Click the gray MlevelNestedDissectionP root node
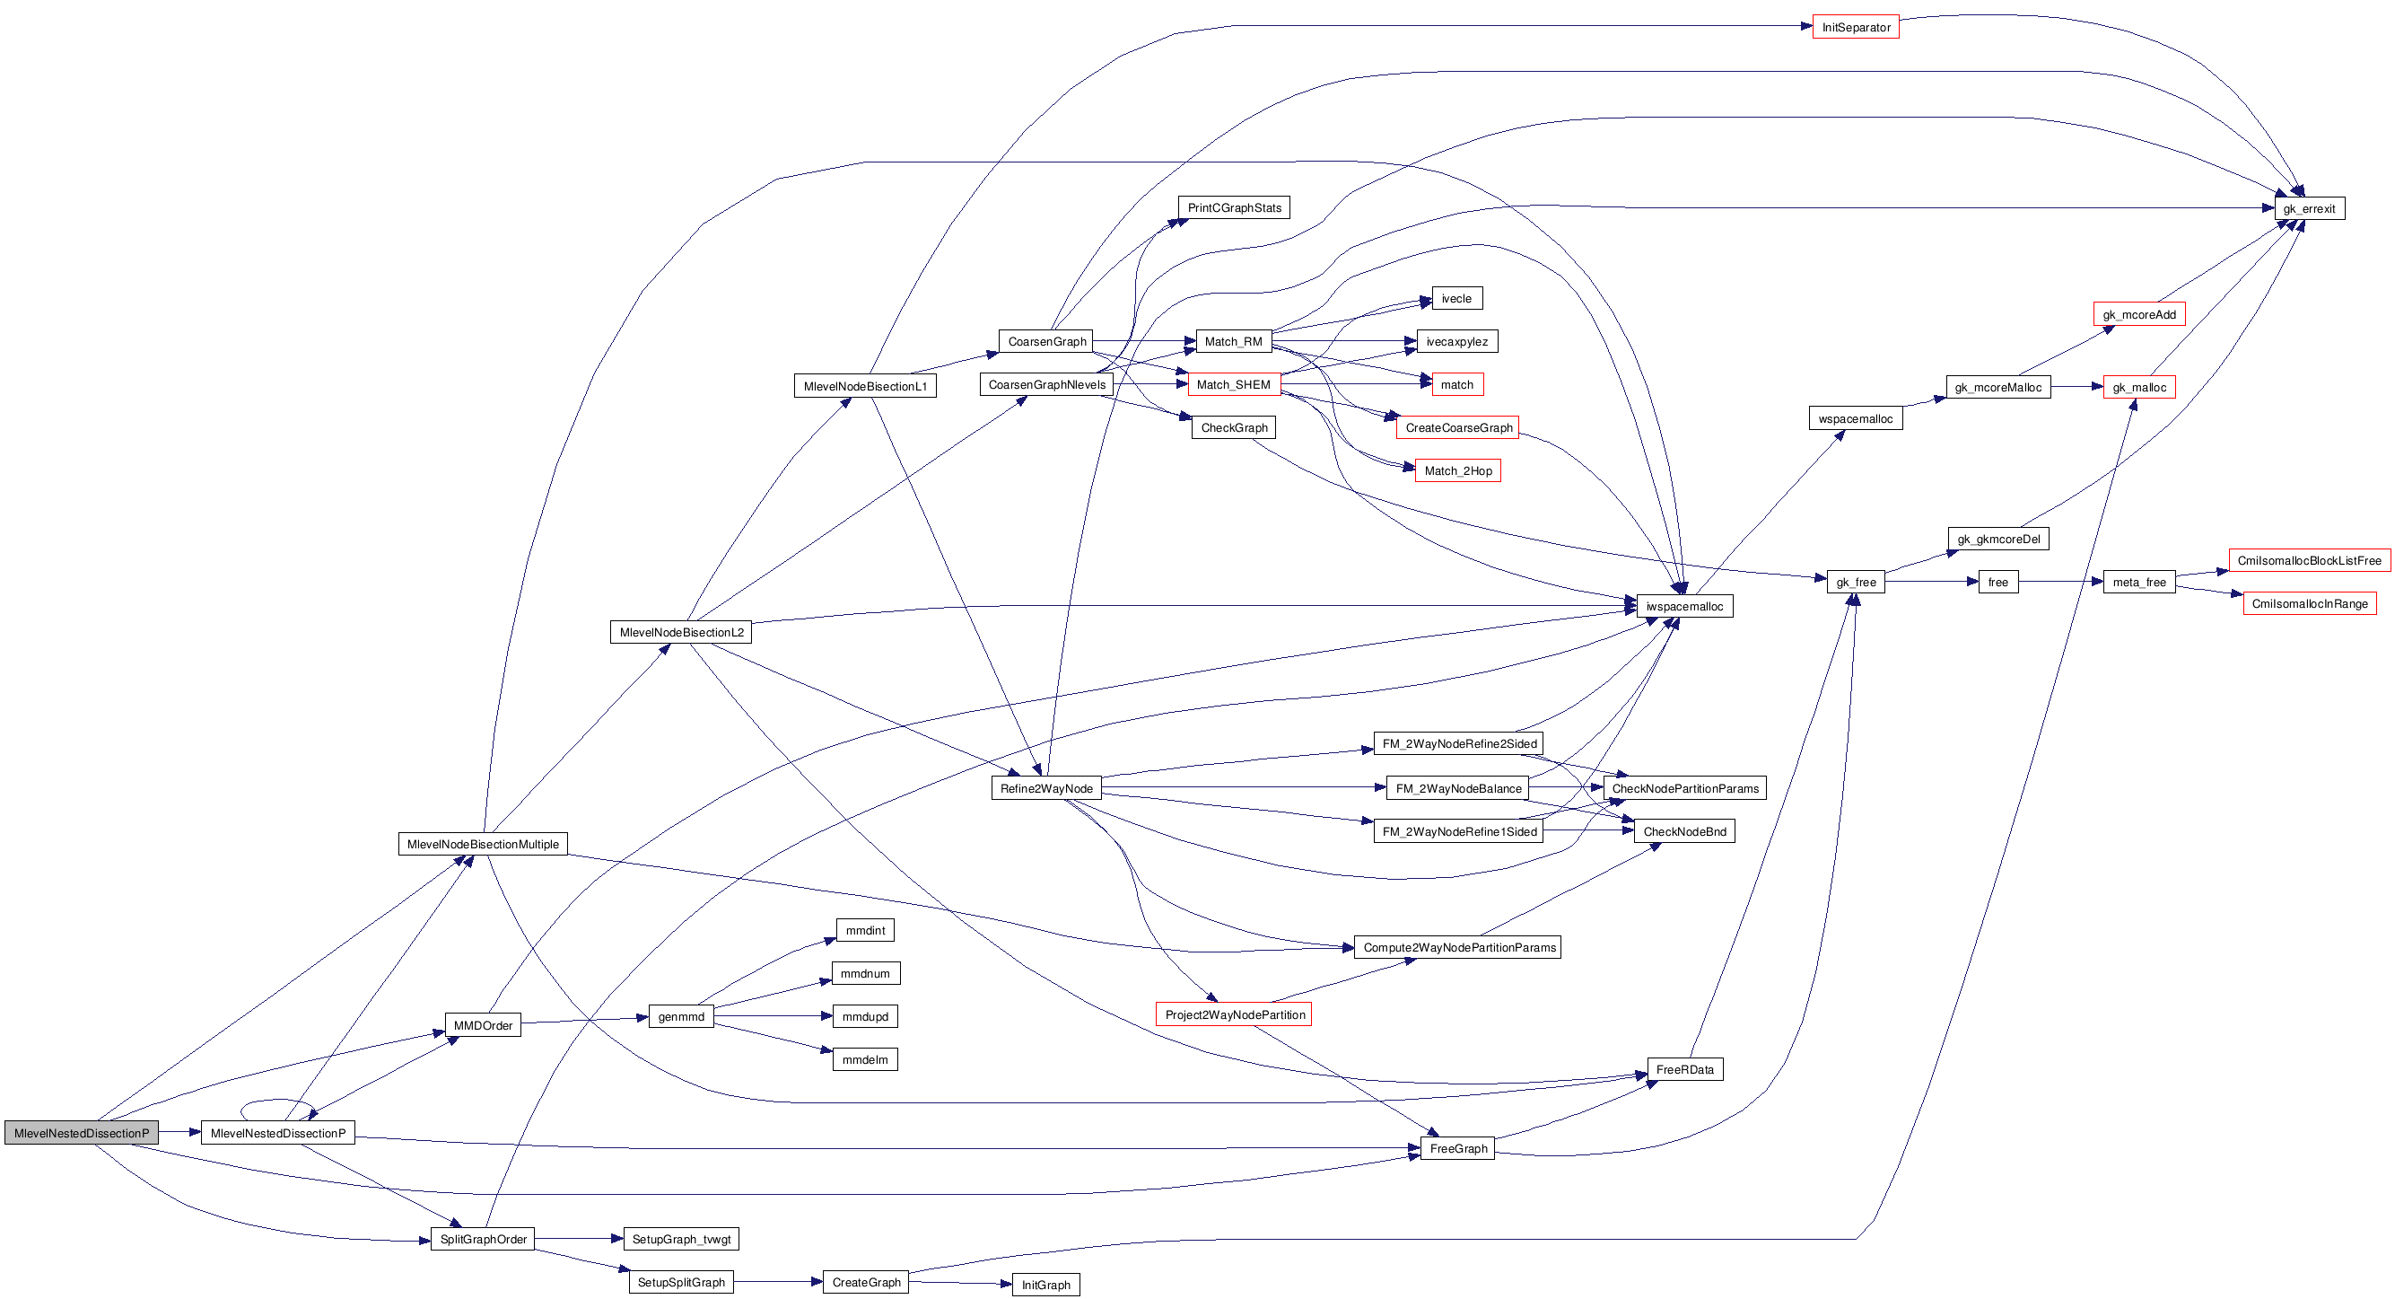pos(81,1133)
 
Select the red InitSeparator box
pos(1855,27)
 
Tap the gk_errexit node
pos(2309,208)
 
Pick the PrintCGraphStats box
pos(1233,207)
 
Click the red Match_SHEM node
pos(1233,384)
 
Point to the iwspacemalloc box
pos(1683,606)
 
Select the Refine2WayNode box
pos(1046,788)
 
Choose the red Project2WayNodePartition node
pos(1234,1014)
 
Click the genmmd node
pos(680,1016)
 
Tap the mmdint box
pos(865,930)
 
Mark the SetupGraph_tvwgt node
pos(680,1239)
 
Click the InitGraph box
pos(1045,1285)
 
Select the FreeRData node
pos(1683,1069)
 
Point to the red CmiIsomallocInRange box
pos(2310,603)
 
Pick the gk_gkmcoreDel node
pos(1998,539)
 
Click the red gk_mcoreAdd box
pos(2138,314)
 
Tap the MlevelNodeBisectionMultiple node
pos(483,844)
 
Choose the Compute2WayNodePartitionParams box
pos(1457,947)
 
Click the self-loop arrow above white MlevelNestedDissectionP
pos(269,1102)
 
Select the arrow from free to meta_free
pos(2059,582)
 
